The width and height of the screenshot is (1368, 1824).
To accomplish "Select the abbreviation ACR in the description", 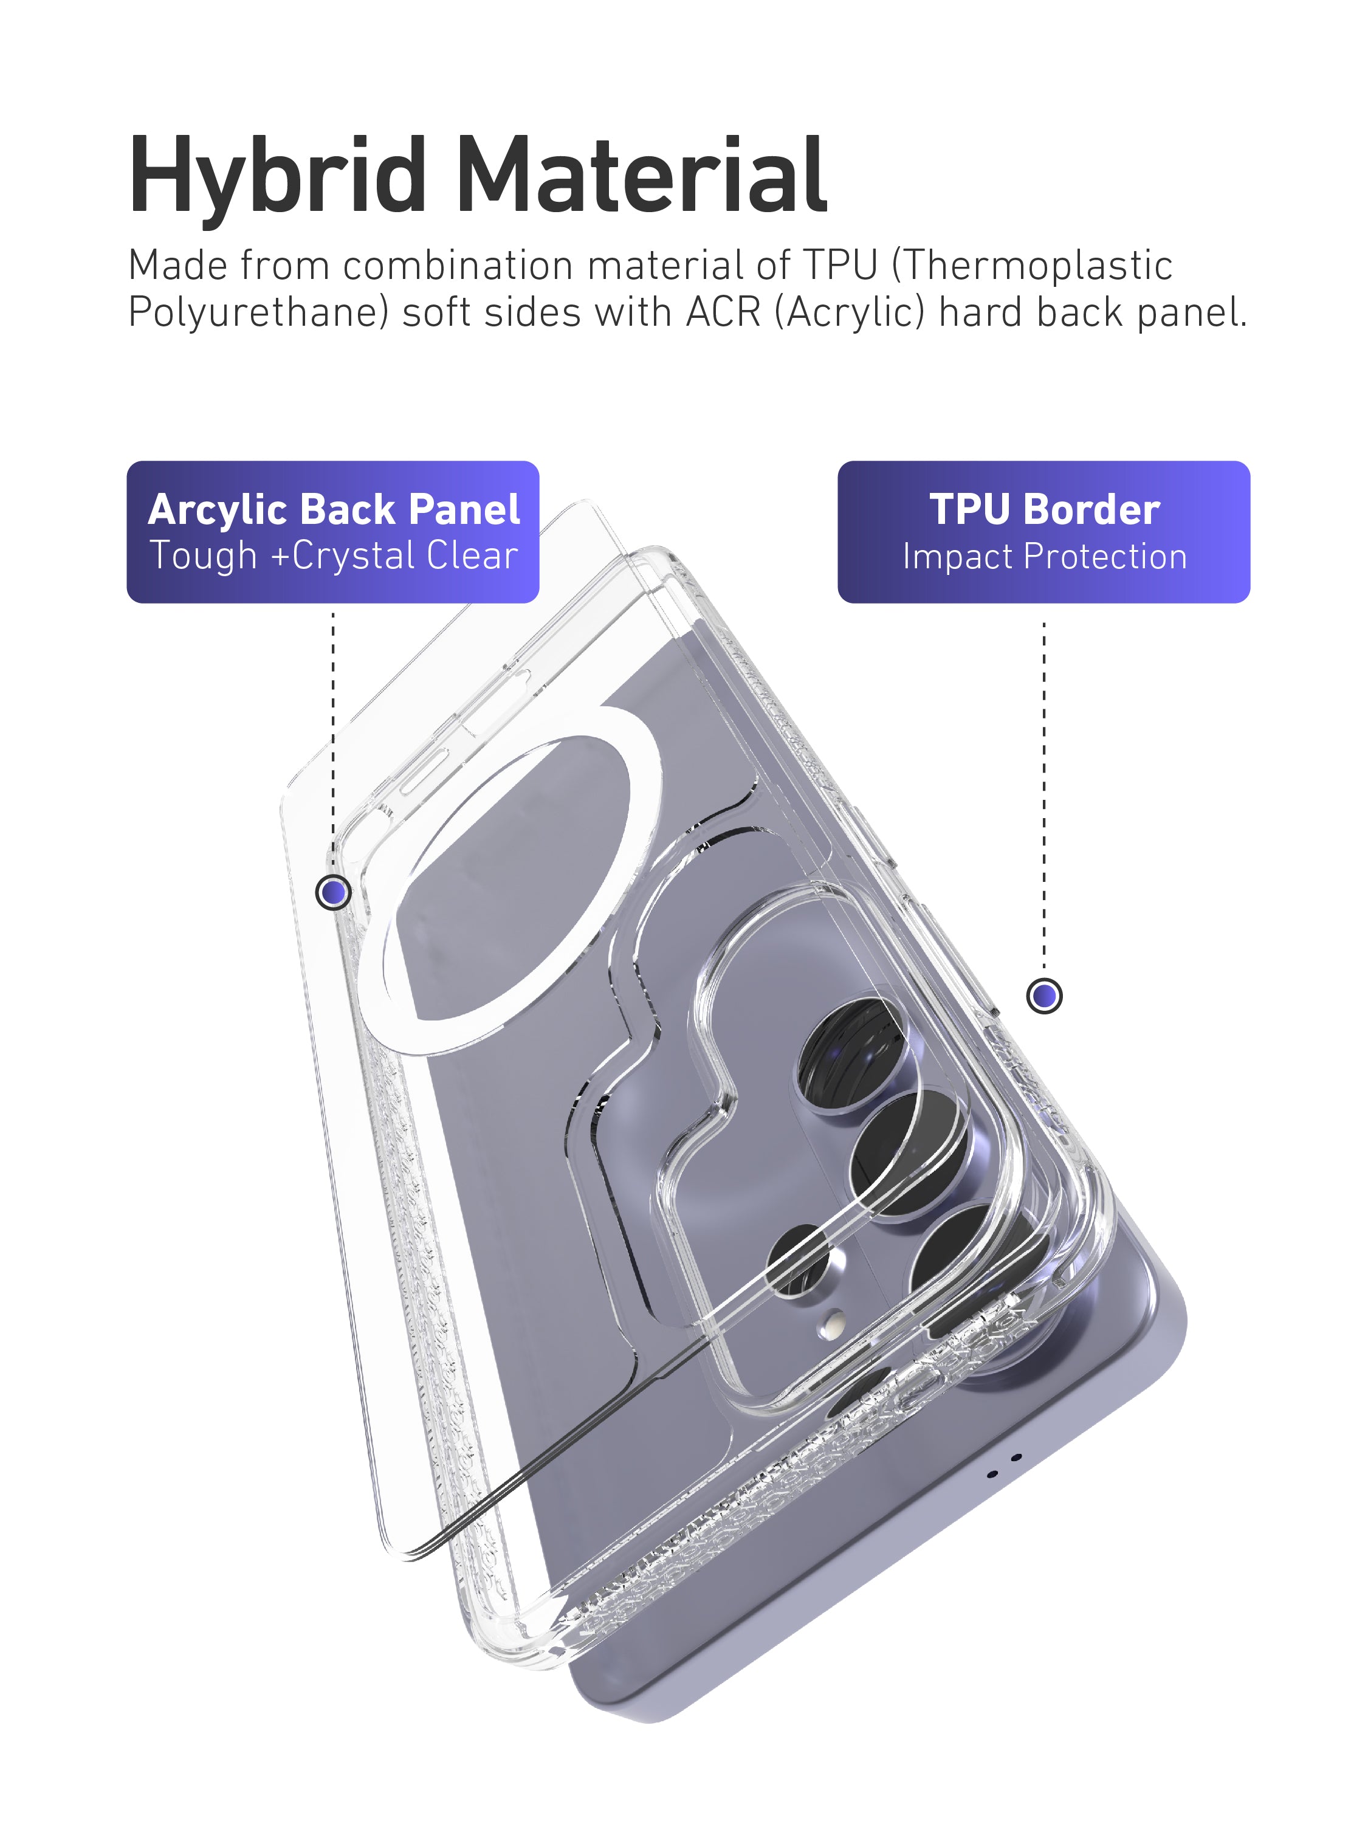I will click(x=723, y=312).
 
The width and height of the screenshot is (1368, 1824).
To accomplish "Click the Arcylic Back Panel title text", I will click(x=334, y=509).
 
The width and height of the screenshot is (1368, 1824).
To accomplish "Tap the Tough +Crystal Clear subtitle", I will click(x=334, y=555).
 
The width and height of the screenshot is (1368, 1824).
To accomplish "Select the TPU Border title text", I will click(x=1044, y=509).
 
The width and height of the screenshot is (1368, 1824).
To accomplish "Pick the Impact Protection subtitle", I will click(x=1044, y=557).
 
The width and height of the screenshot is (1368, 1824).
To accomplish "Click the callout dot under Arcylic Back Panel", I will click(x=333, y=892).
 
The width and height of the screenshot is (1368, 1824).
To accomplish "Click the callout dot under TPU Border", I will click(x=1044, y=996).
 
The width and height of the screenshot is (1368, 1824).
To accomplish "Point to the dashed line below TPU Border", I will click(x=1044, y=791).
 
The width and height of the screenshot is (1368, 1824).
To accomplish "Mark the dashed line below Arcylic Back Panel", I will click(x=333, y=742).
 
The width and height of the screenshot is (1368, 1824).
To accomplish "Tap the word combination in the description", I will click(x=458, y=266).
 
